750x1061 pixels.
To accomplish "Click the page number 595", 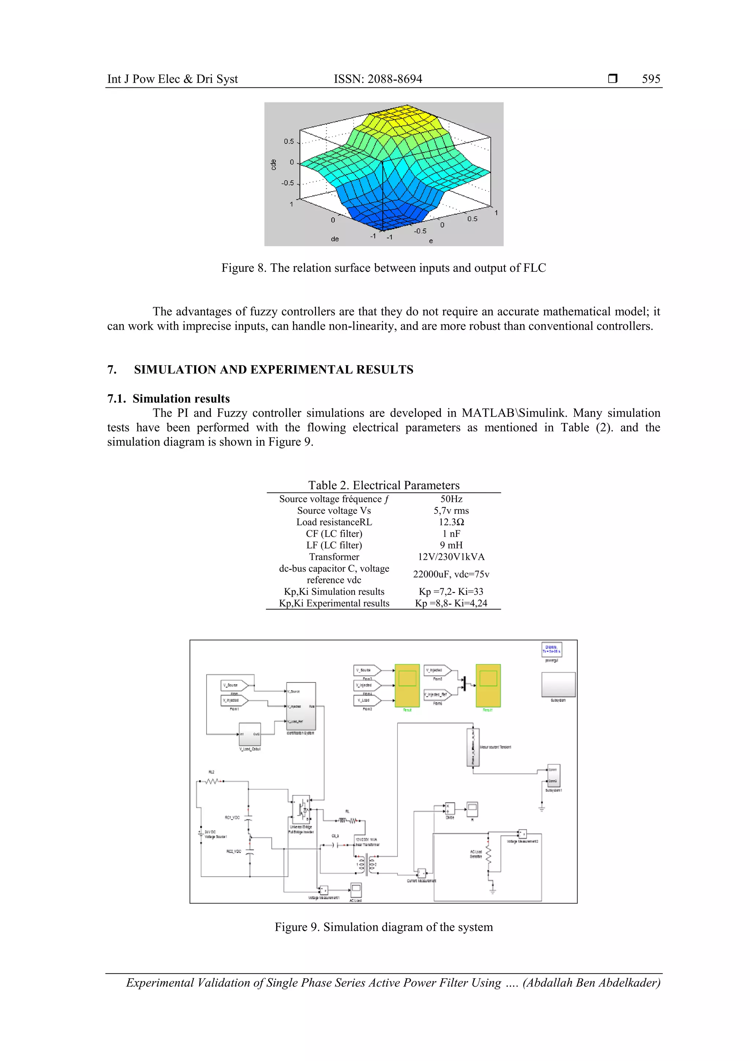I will pos(651,79).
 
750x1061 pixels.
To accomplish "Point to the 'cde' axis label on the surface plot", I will pos(274,164).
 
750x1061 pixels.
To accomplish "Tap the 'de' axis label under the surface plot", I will pos(335,239).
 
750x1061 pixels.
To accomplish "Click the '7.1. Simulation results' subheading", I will pos(169,399).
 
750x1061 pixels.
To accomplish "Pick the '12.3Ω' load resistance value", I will pos(451,522).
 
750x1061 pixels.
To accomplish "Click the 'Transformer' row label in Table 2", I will pos(334,557).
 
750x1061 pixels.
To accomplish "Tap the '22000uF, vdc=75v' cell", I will pos(451,574).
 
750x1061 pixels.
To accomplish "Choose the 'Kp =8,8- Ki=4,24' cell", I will pos(451,604).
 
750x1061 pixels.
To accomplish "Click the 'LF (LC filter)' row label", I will pos(334,545).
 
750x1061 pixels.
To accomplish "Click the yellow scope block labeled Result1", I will pos(488,685).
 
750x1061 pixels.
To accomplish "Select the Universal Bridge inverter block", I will pos(301,809).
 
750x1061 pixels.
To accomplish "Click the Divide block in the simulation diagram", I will pos(449,809).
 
